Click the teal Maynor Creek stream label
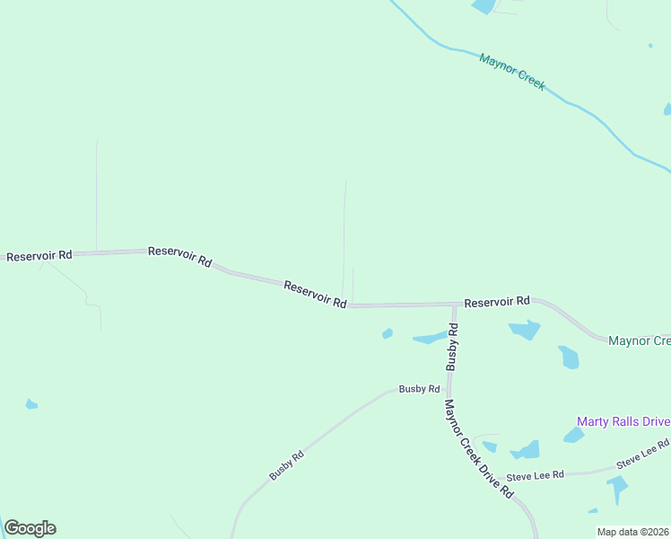coord(511,72)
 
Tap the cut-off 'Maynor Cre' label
coord(639,341)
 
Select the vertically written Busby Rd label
coord(453,349)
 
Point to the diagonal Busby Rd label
coord(287,464)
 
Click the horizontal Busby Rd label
coord(419,390)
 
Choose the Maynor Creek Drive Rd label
coord(476,448)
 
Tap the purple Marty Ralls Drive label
coord(623,421)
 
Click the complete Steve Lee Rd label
coord(535,475)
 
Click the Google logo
coord(30,528)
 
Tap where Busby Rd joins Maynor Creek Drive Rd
coord(448,390)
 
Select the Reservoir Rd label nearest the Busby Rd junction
coord(497,302)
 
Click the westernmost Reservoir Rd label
coord(39,256)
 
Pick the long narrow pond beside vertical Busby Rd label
coord(430,339)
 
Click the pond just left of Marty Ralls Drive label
coord(572,436)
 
